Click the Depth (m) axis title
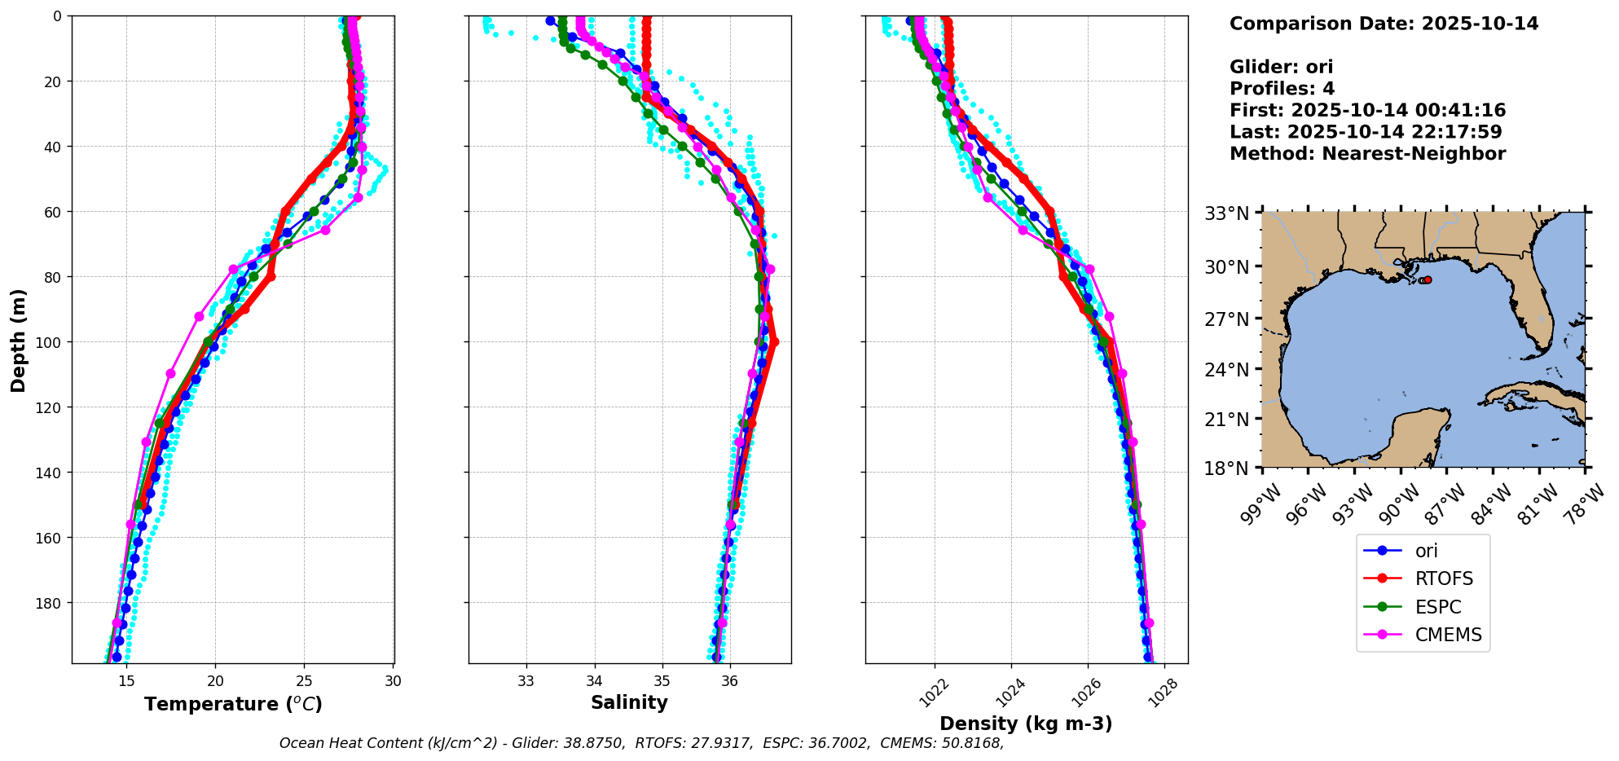tap(18, 340)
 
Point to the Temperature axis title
tap(233, 704)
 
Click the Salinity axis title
tap(629, 703)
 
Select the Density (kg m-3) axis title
tap(1026, 724)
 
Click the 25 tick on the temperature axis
tap(304, 681)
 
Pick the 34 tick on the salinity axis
tap(594, 681)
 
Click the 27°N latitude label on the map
tap(1227, 319)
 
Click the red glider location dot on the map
tap(1428, 279)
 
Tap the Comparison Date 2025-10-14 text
tap(1384, 24)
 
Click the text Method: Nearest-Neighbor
tap(1367, 154)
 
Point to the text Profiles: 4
tap(1282, 89)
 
